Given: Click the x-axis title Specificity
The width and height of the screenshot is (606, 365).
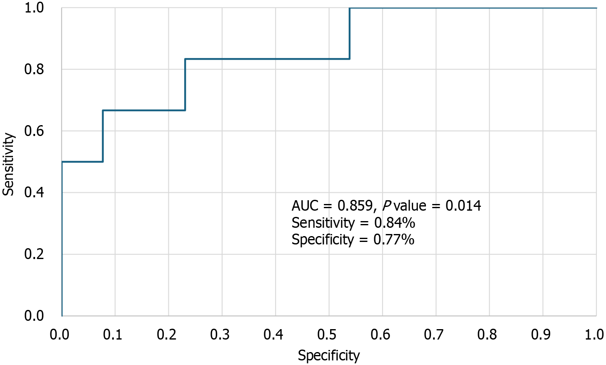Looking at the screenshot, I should (328, 355).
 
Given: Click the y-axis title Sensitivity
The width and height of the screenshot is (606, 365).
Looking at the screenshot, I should (8, 164).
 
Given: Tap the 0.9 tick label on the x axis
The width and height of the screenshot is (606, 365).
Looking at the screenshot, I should (541, 335).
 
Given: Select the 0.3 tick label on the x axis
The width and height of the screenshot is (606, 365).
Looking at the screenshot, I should (220, 335).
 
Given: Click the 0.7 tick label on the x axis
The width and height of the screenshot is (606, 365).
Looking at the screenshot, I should (434, 335).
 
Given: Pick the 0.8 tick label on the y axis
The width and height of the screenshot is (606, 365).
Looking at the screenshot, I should (34, 69).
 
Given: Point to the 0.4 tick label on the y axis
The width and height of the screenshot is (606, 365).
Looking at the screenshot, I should (34, 192).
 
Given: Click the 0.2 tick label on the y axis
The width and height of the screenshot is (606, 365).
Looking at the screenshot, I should (34, 254).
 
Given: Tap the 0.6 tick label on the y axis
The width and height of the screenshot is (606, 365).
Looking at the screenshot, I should (34, 131).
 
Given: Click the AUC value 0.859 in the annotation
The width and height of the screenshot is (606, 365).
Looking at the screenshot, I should (355, 206).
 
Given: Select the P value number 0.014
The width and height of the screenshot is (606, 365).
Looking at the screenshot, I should (463, 206).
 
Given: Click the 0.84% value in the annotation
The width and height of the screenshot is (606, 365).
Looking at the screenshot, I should (394, 223).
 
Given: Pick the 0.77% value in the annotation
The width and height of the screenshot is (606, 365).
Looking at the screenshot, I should (393, 239).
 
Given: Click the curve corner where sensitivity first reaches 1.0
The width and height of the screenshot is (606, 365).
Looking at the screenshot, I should (350, 8).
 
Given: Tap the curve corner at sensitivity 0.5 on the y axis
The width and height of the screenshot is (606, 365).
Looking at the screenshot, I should (62, 161).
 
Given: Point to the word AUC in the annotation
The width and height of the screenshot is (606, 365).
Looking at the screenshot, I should (305, 206).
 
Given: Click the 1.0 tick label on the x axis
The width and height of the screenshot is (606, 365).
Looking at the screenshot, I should (593, 335).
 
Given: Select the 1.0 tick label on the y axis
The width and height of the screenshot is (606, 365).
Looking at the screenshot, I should (34, 8).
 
